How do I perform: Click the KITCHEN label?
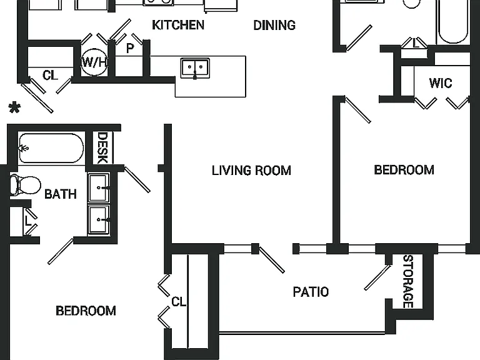click(x=178, y=25)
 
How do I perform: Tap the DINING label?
click(x=274, y=25)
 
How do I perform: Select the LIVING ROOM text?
click(x=251, y=171)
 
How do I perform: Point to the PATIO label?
click(x=311, y=292)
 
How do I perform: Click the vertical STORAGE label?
click(x=408, y=281)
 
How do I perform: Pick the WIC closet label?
click(x=441, y=83)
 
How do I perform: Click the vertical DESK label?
click(x=102, y=147)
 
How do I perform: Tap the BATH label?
click(x=60, y=194)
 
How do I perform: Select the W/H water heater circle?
click(x=94, y=62)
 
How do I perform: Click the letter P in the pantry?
click(x=130, y=48)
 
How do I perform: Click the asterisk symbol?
click(x=14, y=107)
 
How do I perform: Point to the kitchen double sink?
click(x=195, y=68)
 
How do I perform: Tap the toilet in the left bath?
click(x=25, y=185)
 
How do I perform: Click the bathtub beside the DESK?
click(x=51, y=148)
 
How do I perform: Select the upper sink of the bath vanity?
click(x=99, y=187)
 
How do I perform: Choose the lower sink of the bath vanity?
click(x=99, y=220)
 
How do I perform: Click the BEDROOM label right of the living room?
click(x=404, y=170)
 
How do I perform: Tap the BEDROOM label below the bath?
click(x=86, y=311)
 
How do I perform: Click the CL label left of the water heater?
click(x=50, y=75)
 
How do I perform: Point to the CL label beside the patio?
click(x=179, y=302)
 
